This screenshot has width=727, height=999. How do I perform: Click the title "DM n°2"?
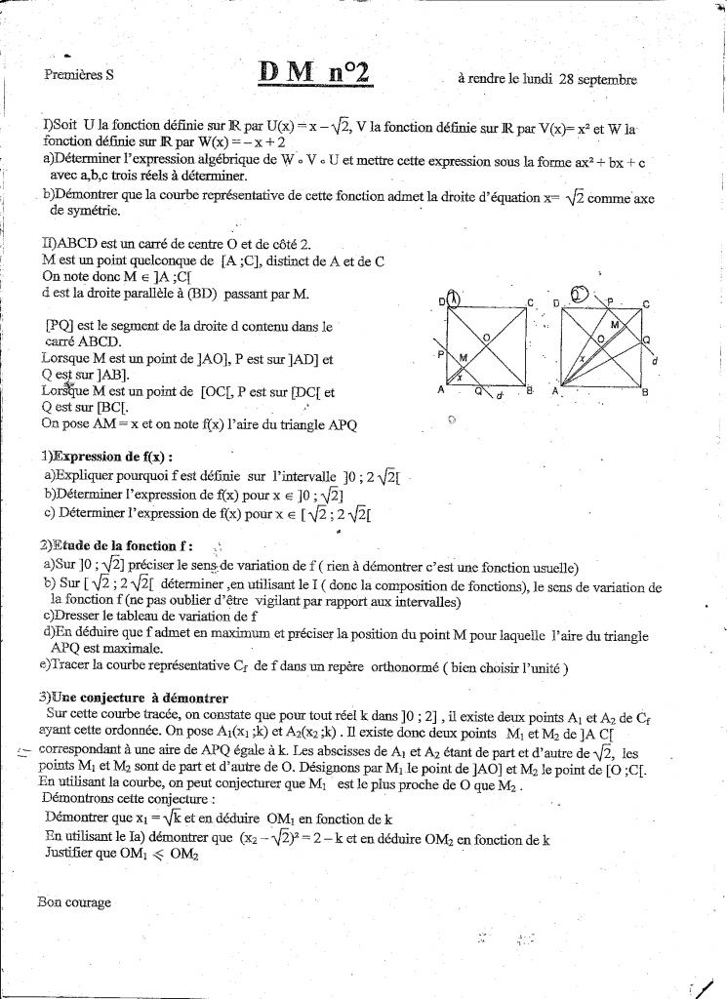(x=312, y=72)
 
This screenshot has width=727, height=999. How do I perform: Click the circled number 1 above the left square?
(x=456, y=299)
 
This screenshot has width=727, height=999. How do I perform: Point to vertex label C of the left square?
(x=530, y=303)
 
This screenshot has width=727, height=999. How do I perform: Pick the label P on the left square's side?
(x=441, y=354)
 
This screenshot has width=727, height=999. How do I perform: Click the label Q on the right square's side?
(x=646, y=340)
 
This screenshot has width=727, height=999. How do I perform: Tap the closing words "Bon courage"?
(x=74, y=902)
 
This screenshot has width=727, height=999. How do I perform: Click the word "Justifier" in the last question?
(x=72, y=854)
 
